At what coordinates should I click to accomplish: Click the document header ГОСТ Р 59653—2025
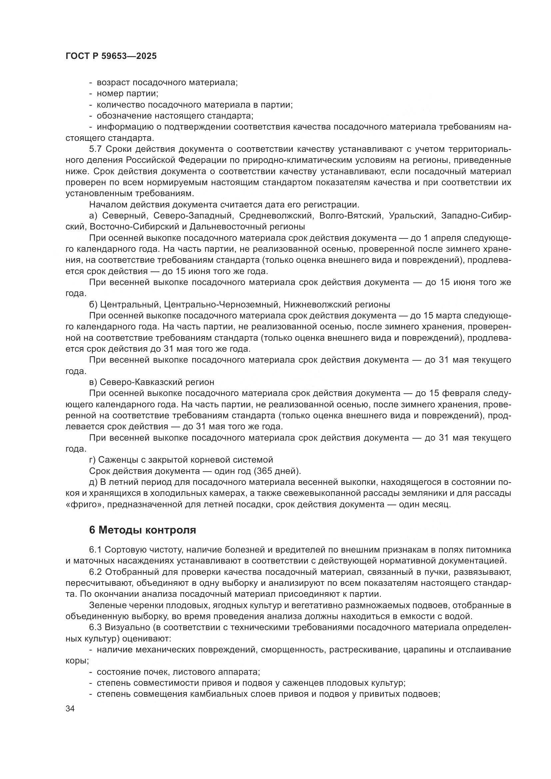click(111, 56)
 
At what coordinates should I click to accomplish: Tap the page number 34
click(70, 709)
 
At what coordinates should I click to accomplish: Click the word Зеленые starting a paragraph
click(107, 605)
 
